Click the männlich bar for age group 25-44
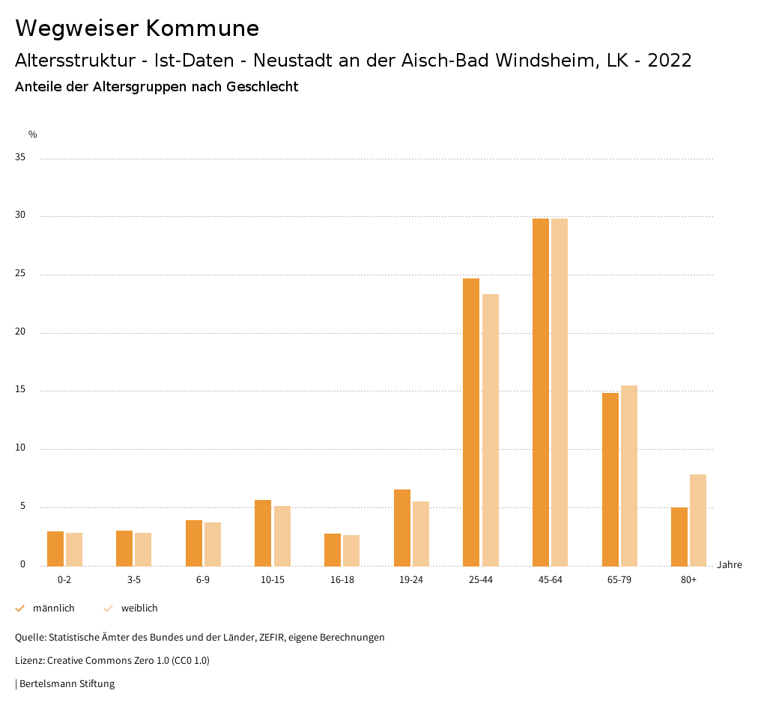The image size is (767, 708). click(x=471, y=422)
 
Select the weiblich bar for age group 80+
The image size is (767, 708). click(x=698, y=520)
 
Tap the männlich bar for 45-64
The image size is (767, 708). click(x=541, y=392)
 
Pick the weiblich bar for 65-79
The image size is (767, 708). click(x=629, y=475)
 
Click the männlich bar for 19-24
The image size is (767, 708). click(x=402, y=528)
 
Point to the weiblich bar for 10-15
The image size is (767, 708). click(x=282, y=536)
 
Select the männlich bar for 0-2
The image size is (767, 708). click(x=55, y=549)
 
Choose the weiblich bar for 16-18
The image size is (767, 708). click(x=351, y=550)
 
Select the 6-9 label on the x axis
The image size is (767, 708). click(x=203, y=580)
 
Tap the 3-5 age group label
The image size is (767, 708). click(x=134, y=580)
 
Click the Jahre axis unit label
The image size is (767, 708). click(x=730, y=565)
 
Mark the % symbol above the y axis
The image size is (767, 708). click(x=33, y=135)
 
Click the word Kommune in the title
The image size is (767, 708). click(x=202, y=28)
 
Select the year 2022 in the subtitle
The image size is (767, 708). click(x=670, y=61)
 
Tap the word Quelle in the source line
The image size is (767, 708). click(x=30, y=638)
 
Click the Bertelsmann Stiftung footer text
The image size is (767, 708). click(x=67, y=684)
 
